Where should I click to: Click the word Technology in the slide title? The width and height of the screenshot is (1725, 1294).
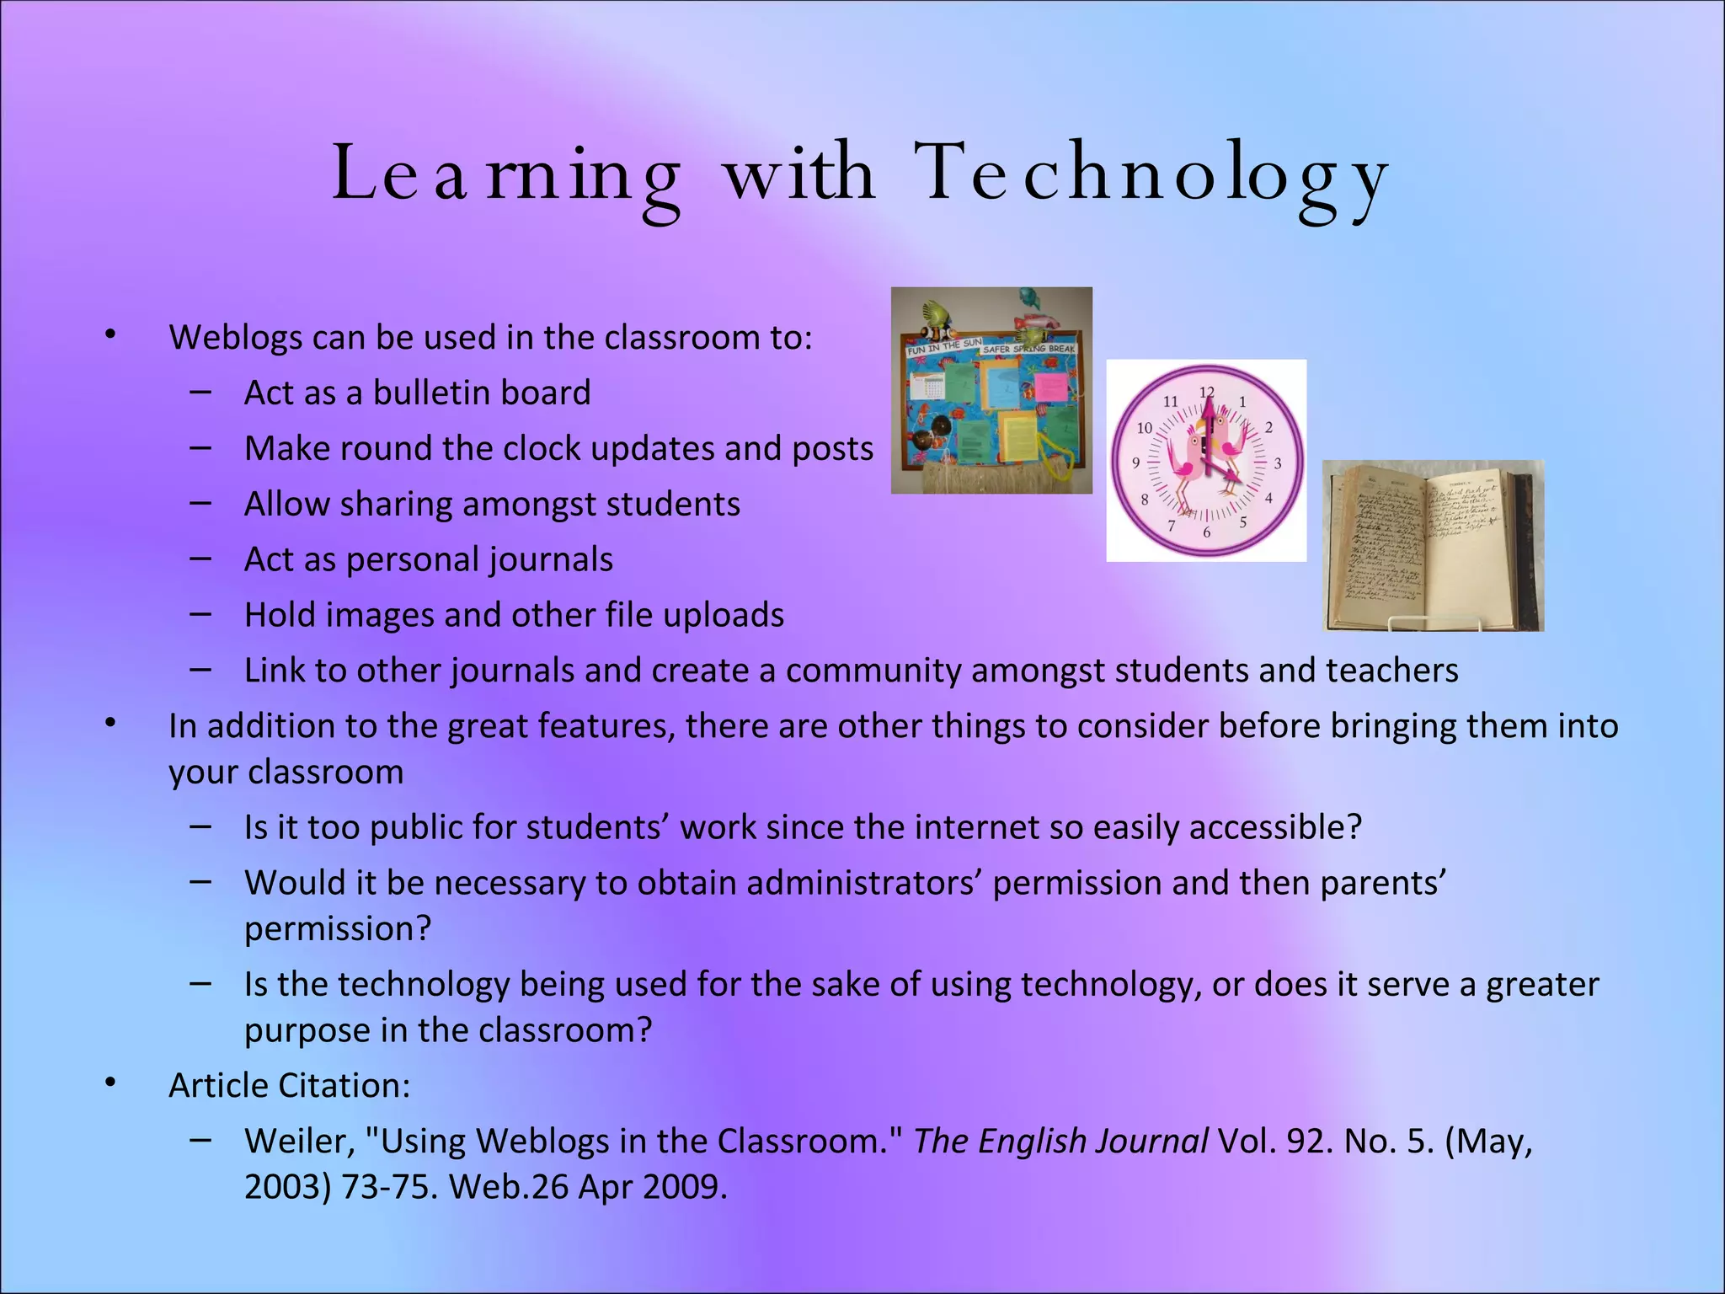pos(1151,175)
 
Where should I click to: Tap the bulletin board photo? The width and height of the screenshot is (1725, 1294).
pos(991,391)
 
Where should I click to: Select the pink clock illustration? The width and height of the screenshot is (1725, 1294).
pos(1206,461)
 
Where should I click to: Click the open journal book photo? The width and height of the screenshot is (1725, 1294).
pos(1433,546)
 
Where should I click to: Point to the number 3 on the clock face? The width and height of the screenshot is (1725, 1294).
pos(1278,463)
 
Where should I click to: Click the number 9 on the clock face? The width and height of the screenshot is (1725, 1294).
pos(1135,463)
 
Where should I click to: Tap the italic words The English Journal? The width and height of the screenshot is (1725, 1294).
pos(1060,1142)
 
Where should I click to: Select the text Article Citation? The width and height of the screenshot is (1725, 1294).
pos(289,1086)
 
